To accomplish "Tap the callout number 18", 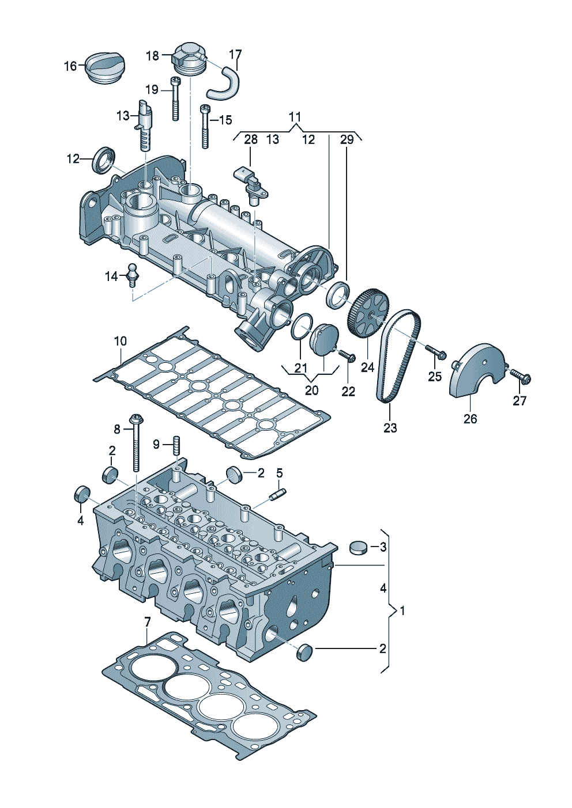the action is click(152, 55).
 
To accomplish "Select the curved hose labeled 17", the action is click(224, 82).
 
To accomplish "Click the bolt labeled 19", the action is click(175, 98).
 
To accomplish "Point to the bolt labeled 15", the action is click(205, 126).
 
